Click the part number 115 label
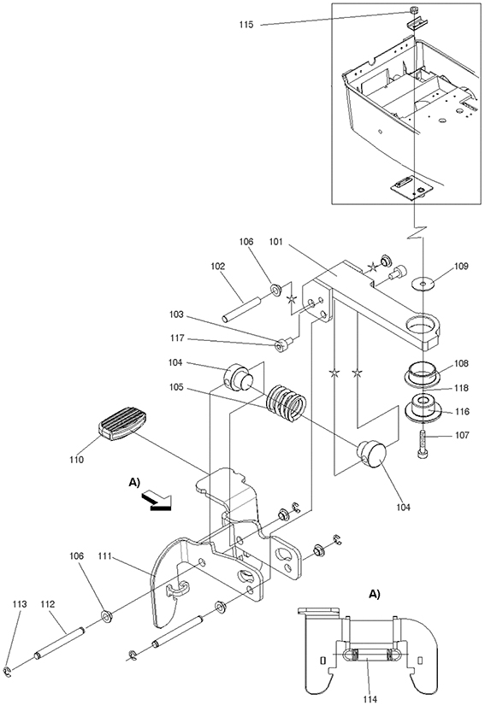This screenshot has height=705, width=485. click(246, 25)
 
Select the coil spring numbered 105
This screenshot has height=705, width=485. click(286, 402)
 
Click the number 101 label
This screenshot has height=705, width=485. click(275, 243)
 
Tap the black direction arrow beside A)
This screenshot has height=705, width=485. click(157, 501)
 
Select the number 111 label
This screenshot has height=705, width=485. click(105, 556)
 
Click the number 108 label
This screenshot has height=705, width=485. click(461, 363)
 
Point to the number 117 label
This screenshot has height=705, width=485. click(177, 338)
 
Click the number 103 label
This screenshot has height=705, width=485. click(177, 314)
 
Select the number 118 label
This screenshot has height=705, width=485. click(461, 388)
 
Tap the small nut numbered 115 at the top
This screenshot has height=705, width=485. click(414, 10)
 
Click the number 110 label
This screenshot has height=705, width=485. click(76, 460)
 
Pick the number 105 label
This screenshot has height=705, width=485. click(177, 387)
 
